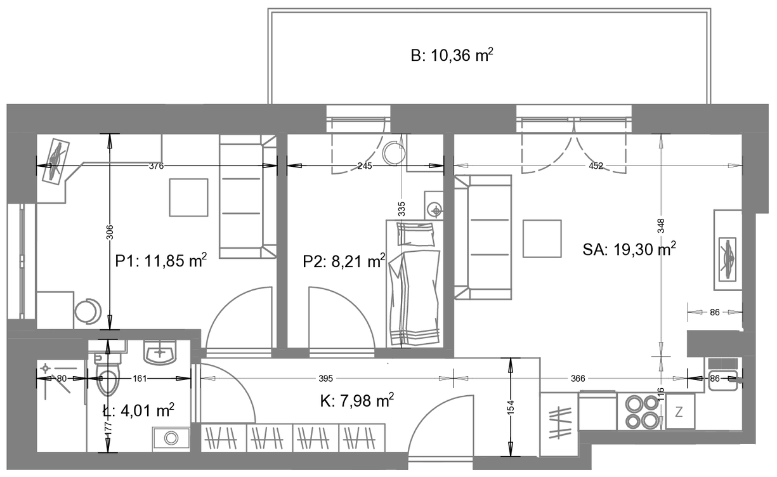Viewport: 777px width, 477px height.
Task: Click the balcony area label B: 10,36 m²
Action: click(x=452, y=55)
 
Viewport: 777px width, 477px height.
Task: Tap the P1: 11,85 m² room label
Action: click(x=161, y=261)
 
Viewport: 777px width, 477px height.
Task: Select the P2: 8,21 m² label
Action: click(x=344, y=261)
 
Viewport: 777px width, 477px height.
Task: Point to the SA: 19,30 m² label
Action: click(x=629, y=249)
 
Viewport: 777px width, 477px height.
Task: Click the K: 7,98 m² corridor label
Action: click(x=357, y=401)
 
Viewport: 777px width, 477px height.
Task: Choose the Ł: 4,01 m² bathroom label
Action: click(x=138, y=410)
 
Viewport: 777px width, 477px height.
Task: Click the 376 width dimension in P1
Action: click(x=157, y=166)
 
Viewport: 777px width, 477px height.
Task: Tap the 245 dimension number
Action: click(x=365, y=166)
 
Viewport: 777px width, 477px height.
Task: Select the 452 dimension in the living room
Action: click(x=596, y=166)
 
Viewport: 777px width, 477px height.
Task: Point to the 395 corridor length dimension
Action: click(x=326, y=379)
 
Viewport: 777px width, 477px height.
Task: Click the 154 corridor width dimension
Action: click(x=511, y=408)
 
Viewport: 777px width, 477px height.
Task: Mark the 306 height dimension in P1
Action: click(x=110, y=232)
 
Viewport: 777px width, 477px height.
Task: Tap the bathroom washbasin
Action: click(x=160, y=353)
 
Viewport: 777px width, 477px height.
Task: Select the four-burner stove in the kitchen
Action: click(x=642, y=412)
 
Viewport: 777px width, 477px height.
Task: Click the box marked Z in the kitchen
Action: click(x=680, y=412)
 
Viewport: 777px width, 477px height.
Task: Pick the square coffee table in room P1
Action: click(x=189, y=197)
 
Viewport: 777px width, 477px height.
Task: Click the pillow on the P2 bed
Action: click(x=415, y=235)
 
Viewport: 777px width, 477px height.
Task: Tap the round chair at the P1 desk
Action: click(x=88, y=311)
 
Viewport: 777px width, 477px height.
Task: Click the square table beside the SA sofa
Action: click(x=542, y=238)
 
